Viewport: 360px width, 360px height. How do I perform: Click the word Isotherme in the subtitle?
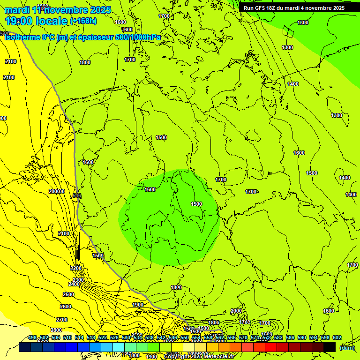pyautogui.click(x=22, y=37)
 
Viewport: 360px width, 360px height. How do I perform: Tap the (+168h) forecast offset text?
pyautogui.click(x=83, y=21)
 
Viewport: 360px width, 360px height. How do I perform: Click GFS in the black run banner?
pyautogui.click(x=262, y=8)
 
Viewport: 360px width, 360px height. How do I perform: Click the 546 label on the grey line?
pyautogui.click(x=77, y=195)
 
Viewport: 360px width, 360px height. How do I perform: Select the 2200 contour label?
pyautogui.click(x=76, y=268)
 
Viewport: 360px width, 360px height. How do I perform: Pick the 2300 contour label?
pyautogui.click(x=78, y=280)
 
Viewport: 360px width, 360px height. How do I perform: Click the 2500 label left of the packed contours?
pyautogui.click(x=68, y=294)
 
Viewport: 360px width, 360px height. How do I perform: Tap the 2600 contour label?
pyautogui.click(x=66, y=307)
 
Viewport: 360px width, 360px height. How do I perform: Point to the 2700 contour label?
pyautogui.click(x=62, y=319)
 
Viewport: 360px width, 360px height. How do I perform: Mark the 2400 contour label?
pyautogui.click(x=74, y=284)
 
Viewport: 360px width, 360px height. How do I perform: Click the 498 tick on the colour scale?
pyautogui.click(x=32, y=337)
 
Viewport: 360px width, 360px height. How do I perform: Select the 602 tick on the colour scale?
pyautogui.click(x=337, y=337)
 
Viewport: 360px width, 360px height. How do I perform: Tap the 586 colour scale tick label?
pyautogui.click(x=290, y=337)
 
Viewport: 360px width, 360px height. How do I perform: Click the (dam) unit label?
pyautogui.click(x=346, y=348)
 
